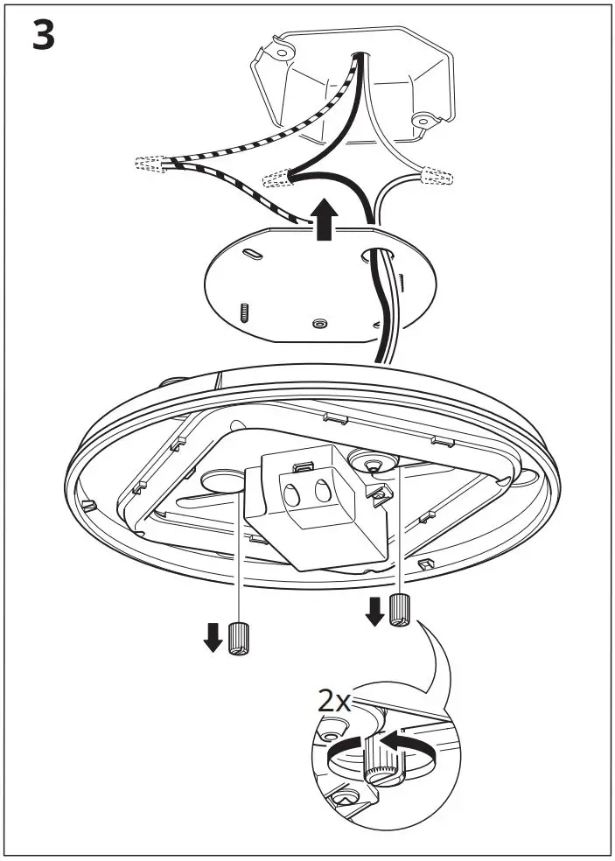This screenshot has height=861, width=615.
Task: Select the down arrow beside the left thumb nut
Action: pos(213,638)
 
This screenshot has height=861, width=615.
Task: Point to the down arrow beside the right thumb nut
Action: pos(374,611)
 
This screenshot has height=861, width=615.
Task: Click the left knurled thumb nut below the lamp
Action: pos(237,640)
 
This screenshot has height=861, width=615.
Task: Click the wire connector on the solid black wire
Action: pos(277,178)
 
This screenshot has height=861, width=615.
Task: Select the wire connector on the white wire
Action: pos(437,178)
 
